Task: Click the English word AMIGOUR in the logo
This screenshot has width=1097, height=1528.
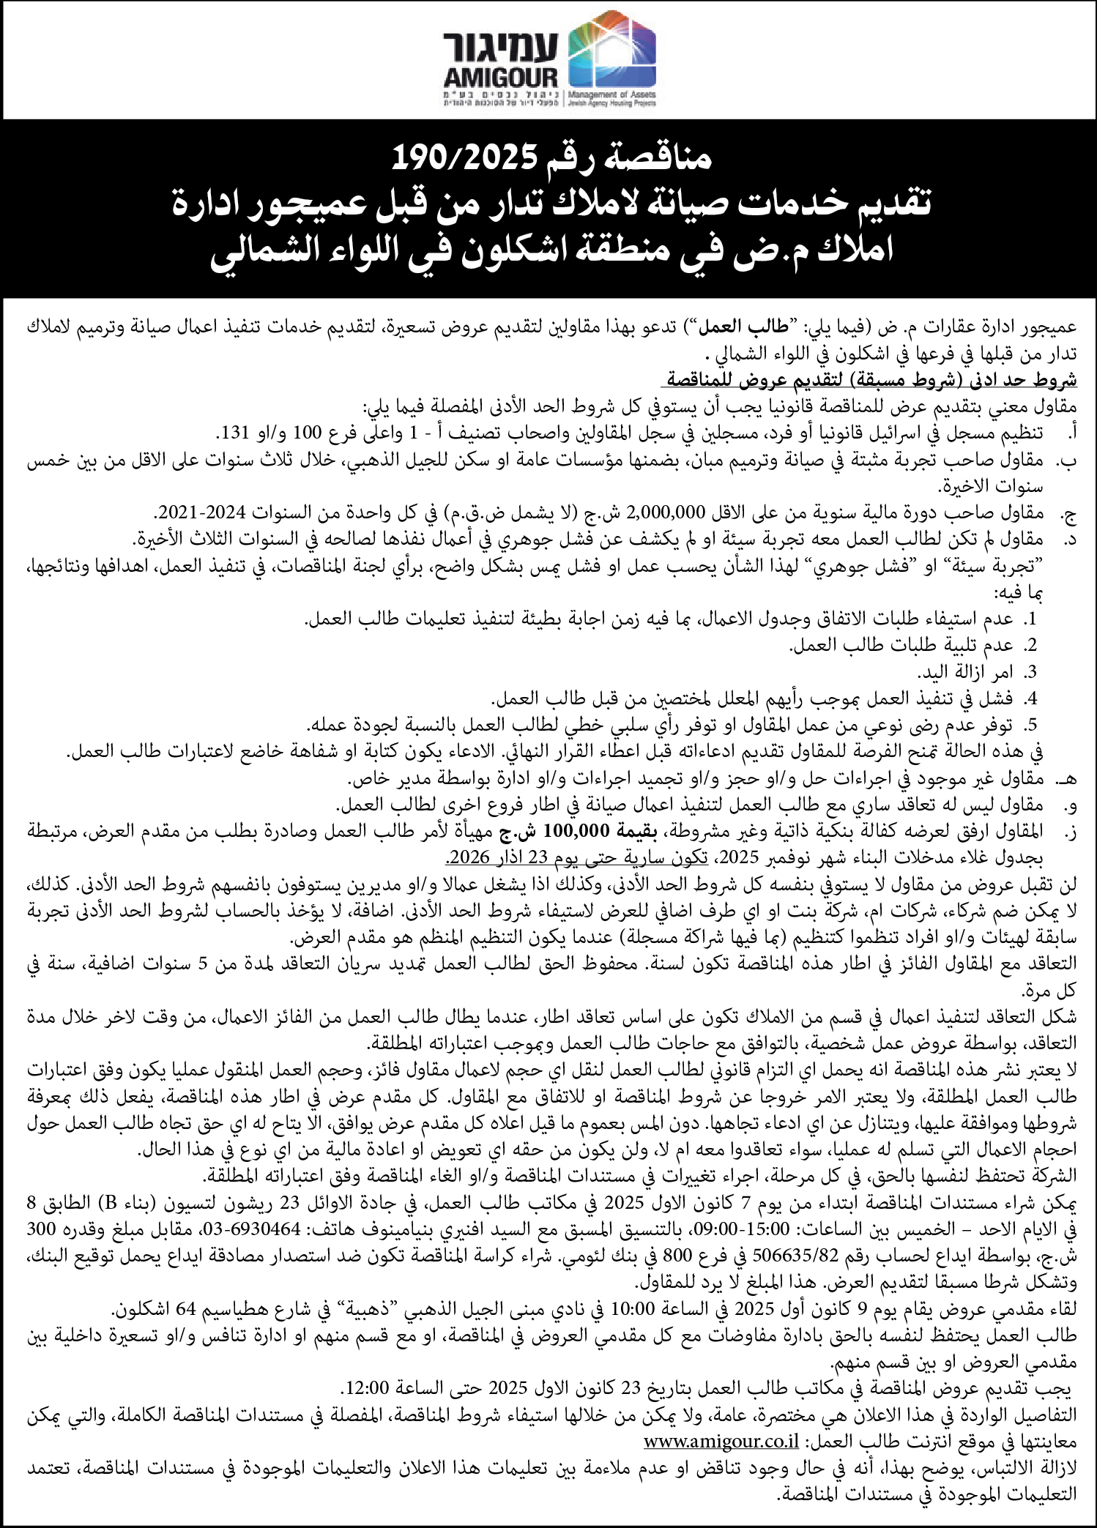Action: (x=501, y=77)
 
